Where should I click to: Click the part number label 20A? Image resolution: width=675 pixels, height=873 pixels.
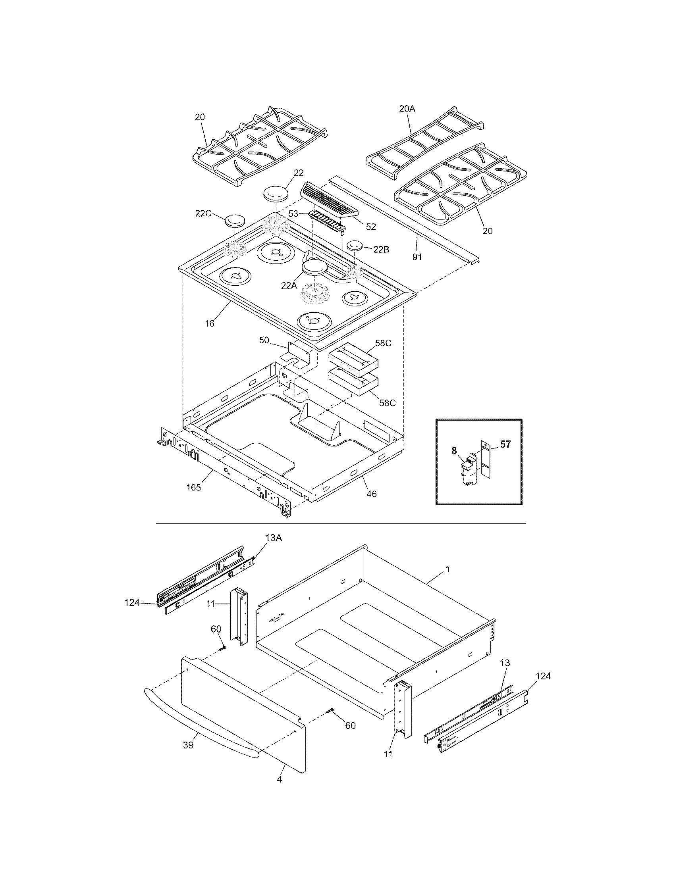tap(407, 108)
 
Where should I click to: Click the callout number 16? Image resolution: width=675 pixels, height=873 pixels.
tap(210, 323)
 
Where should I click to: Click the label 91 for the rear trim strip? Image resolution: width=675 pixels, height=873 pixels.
tap(417, 257)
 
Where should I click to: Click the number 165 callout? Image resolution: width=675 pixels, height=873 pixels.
tap(193, 488)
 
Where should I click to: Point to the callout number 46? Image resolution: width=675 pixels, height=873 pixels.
tap(372, 494)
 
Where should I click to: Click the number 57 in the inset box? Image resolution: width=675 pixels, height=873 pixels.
tap(505, 444)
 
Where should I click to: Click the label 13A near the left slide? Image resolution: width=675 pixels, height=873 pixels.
tap(274, 538)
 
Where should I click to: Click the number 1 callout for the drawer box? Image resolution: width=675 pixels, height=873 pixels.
tap(448, 569)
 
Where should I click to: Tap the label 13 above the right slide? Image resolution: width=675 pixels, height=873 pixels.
tap(505, 663)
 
